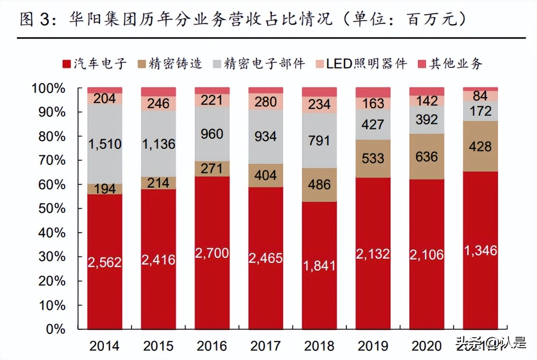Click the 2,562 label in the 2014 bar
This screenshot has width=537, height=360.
tap(104, 262)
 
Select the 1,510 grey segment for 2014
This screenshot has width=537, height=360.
tap(104, 144)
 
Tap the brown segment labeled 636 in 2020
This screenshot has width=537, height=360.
tap(427, 157)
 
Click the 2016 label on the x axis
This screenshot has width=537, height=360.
tap(212, 346)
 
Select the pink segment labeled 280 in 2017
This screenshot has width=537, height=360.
tap(266, 102)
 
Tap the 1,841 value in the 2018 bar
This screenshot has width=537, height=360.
tap(319, 265)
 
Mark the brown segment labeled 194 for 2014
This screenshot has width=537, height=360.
tap(104, 189)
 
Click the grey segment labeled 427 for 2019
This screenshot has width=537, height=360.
tap(373, 125)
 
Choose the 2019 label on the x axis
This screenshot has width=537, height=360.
tap(373, 346)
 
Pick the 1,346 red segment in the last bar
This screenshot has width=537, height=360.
tap(480, 250)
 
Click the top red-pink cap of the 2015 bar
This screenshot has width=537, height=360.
tap(158, 92)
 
